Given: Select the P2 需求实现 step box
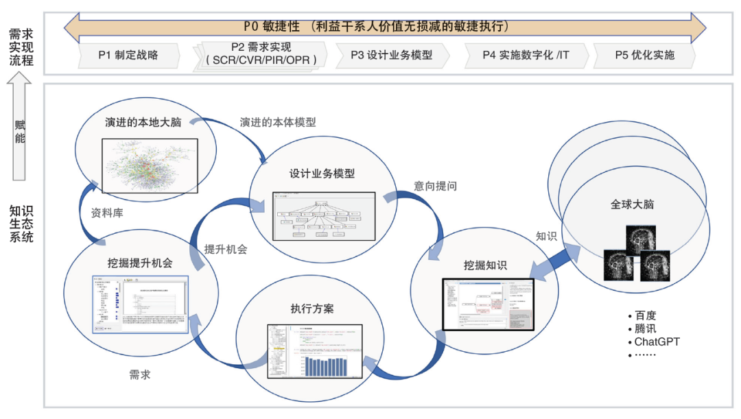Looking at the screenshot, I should (x=261, y=54).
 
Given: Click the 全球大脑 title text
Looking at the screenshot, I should (x=632, y=204).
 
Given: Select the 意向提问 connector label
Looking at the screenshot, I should (x=435, y=186).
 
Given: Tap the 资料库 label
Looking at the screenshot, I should (x=107, y=213).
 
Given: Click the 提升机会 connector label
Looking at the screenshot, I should (x=225, y=249).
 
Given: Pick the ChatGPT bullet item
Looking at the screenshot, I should (x=657, y=341).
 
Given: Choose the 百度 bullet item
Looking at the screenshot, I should (x=645, y=315).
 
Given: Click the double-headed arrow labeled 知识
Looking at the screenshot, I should (x=548, y=265).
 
